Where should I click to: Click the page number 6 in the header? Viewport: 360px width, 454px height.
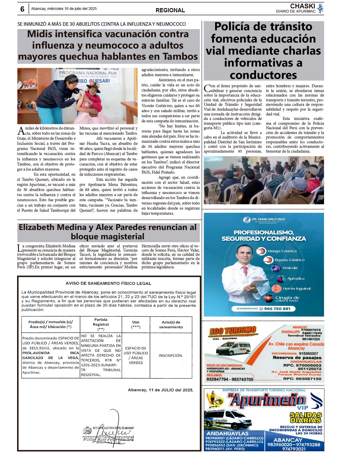[22, 9]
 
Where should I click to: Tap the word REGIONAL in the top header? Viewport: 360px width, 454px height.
[170, 10]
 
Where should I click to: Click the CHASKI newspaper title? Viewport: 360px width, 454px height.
[302, 6]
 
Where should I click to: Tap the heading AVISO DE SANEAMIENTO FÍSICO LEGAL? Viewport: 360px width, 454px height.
[108, 283]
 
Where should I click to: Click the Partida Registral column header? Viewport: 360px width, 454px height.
[101, 324]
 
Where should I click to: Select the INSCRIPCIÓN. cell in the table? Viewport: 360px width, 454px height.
[171, 355]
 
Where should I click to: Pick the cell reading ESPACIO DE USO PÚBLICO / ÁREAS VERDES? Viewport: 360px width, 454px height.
[136, 355]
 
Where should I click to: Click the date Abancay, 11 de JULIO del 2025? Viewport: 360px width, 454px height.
[160, 390]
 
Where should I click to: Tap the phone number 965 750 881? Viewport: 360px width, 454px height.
[277, 309]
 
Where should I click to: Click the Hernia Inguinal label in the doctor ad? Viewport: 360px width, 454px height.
[296, 288]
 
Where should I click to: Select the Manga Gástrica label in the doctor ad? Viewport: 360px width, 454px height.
[282, 251]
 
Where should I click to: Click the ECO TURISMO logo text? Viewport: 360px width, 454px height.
[232, 331]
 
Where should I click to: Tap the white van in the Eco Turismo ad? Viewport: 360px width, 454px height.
[233, 348]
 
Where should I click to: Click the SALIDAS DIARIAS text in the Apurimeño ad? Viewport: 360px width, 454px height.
[305, 417]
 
